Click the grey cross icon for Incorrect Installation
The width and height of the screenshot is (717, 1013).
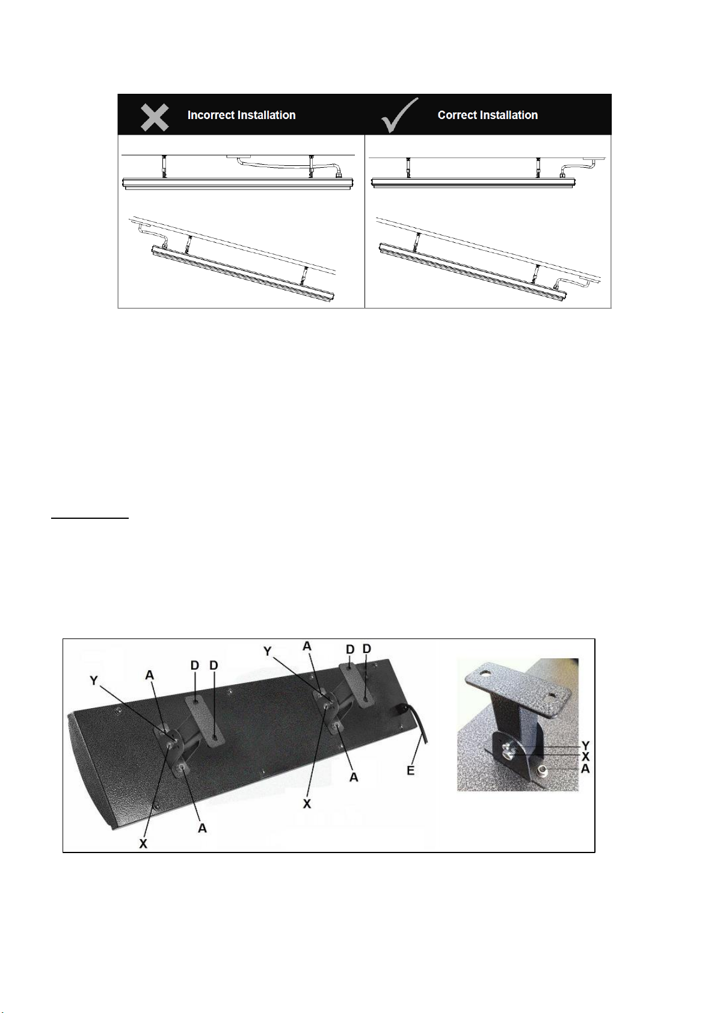[155, 117]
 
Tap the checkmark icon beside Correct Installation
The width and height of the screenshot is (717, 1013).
[399, 115]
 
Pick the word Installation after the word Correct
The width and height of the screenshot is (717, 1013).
[506, 115]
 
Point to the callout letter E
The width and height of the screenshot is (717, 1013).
[410, 770]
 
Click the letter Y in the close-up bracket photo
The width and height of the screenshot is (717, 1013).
[585, 745]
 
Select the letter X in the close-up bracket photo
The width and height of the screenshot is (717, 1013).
[585, 756]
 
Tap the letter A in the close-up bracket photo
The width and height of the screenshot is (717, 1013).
[585, 768]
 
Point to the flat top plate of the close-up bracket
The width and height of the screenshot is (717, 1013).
[517, 681]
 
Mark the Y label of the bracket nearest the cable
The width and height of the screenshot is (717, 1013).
[267, 651]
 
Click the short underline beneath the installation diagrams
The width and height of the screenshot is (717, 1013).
[90, 519]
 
